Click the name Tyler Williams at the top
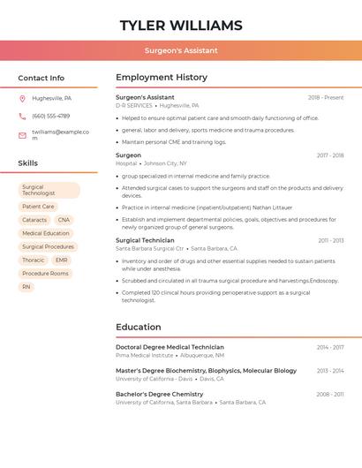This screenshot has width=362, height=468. (181, 25)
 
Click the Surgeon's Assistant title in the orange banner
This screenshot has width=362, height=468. (181, 50)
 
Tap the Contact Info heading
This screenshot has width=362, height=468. (41, 78)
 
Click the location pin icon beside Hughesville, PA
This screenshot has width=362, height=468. (22, 98)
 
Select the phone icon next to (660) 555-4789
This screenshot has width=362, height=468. (22, 116)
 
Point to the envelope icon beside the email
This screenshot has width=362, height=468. (22, 134)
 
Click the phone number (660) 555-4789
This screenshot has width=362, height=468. (50, 116)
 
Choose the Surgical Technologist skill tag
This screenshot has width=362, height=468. (49, 190)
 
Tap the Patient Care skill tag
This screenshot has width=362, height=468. (38, 207)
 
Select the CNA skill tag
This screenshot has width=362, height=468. (64, 220)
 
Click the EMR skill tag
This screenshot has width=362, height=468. (61, 260)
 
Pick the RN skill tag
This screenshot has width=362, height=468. (26, 287)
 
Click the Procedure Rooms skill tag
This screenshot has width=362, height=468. (45, 274)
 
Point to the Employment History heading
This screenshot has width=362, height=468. (162, 78)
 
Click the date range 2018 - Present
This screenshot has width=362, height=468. (326, 97)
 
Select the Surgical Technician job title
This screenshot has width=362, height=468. (145, 240)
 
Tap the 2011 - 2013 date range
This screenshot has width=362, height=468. (331, 240)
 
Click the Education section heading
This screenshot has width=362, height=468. (139, 327)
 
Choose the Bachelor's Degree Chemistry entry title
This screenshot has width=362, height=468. (159, 394)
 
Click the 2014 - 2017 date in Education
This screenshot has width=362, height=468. (331, 347)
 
